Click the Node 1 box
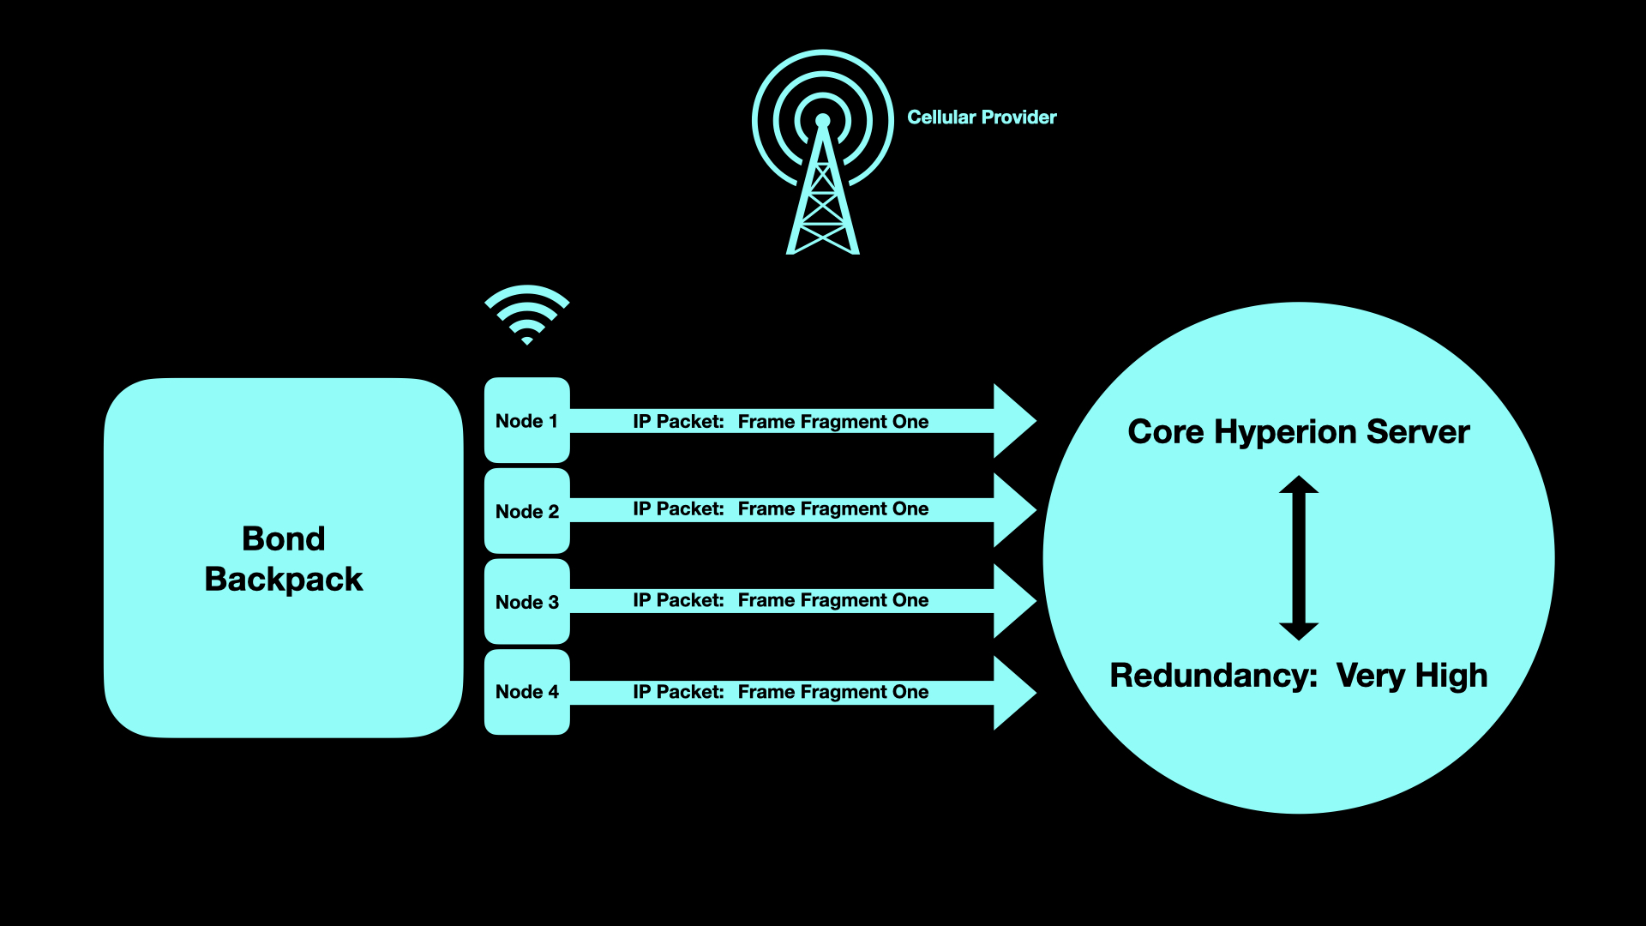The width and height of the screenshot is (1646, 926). click(x=526, y=420)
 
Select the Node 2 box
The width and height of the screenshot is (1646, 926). click(x=526, y=511)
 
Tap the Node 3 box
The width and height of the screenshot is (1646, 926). click(x=526, y=602)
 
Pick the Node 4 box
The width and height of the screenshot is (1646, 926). click(x=526, y=692)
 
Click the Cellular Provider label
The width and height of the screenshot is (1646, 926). click(x=982, y=117)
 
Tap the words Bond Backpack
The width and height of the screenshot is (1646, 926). click(x=284, y=559)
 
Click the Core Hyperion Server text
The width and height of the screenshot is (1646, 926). click(x=1298, y=432)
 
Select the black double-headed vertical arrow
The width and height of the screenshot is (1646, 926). click(x=1298, y=557)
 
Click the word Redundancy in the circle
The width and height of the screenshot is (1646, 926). click(x=1212, y=676)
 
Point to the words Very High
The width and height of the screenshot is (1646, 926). click(x=1411, y=676)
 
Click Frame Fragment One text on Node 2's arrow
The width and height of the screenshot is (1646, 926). click(x=832, y=509)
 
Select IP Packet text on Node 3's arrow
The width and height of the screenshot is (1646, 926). click(x=678, y=600)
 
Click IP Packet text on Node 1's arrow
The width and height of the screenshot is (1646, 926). click(x=678, y=422)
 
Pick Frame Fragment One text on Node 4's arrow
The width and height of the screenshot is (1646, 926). click(x=832, y=692)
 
